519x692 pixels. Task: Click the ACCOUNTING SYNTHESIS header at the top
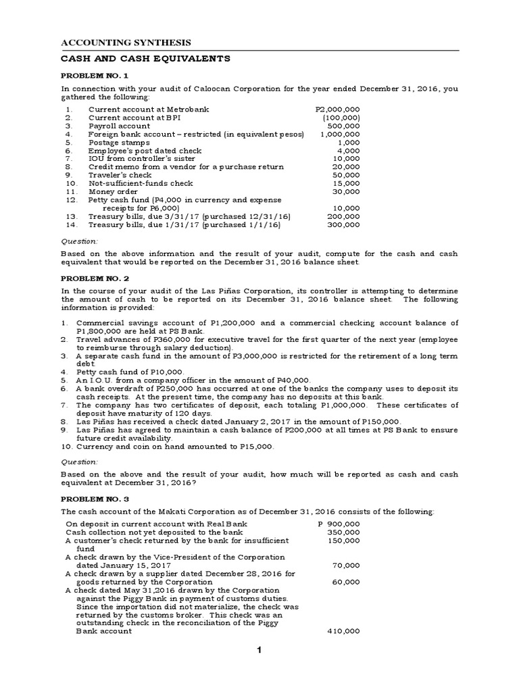coord(126,42)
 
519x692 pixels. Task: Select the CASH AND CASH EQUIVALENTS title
coord(146,59)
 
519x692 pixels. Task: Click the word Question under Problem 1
coord(80,241)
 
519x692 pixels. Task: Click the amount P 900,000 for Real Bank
coord(339,524)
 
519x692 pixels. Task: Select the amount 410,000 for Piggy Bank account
coord(345,631)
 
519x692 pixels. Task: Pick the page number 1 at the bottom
coord(258,650)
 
